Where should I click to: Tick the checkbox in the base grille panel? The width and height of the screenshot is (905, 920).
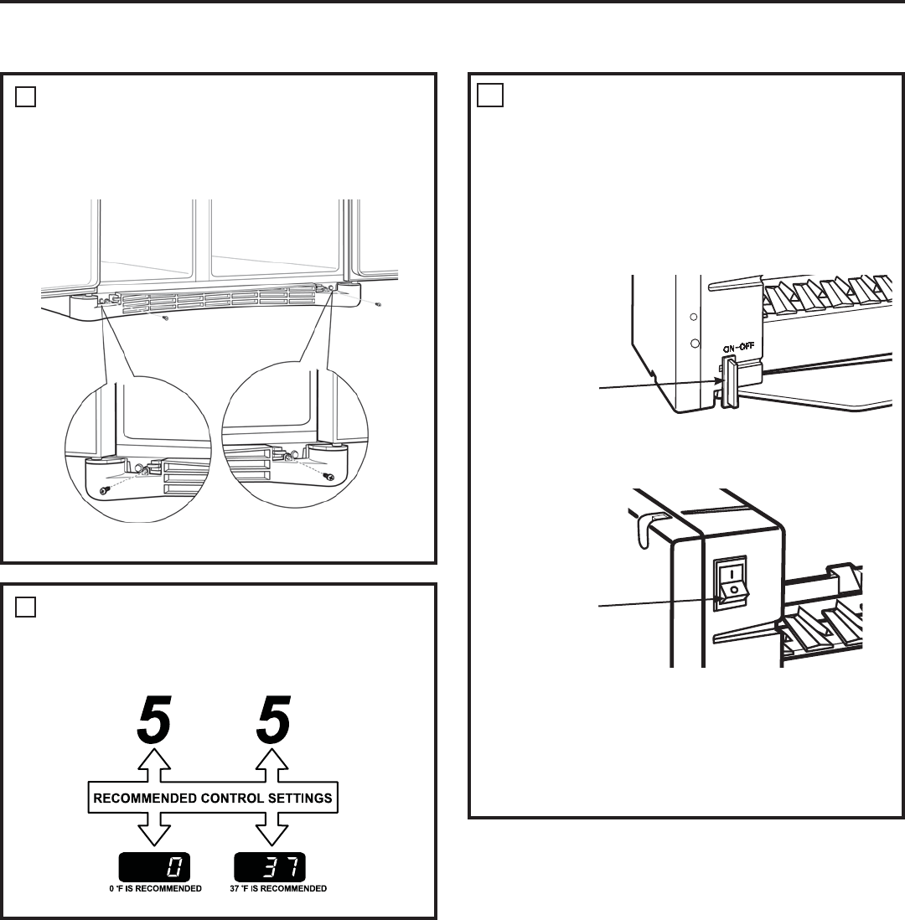coord(25,97)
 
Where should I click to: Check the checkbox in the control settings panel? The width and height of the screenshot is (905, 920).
coord(25,607)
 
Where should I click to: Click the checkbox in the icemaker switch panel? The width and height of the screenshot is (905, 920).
coord(490,95)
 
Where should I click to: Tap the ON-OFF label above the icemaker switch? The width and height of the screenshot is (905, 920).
coord(738,348)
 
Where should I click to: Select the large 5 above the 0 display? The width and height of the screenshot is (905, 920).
coord(154,719)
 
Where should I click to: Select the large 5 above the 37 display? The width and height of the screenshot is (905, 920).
coord(273,719)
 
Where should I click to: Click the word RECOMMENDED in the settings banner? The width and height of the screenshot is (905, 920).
coord(145,798)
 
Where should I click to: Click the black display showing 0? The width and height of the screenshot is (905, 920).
coord(154,867)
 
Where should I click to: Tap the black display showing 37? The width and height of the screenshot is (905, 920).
coord(270,867)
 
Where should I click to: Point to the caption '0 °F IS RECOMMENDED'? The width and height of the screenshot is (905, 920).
coord(156,888)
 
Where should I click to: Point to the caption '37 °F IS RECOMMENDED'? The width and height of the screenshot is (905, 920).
coord(278,888)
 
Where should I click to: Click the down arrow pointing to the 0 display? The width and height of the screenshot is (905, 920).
coord(154,829)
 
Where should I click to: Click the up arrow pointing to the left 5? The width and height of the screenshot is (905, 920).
coord(154,765)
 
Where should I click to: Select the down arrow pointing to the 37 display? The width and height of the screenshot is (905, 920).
coord(271,829)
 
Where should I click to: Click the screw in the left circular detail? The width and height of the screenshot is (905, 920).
coord(105,489)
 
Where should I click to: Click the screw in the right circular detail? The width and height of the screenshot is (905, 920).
coord(330,477)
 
